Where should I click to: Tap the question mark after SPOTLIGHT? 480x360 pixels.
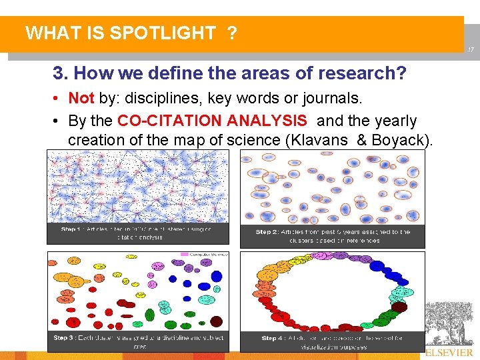(x=231, y=33)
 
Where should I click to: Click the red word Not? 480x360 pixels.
(x=81, y=99)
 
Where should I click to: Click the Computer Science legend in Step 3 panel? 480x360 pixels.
(x=209, y=254)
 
